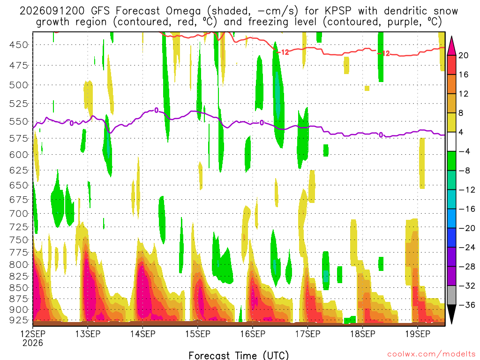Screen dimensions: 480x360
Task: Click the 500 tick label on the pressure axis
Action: point(19,85)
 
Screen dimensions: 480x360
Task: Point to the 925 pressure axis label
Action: point(19,320)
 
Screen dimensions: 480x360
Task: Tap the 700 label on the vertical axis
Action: point(19,213)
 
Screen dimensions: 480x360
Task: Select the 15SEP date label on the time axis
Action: point(198,334)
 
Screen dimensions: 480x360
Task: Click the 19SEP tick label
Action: point(418,334)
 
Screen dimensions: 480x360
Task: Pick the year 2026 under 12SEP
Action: point(33,343)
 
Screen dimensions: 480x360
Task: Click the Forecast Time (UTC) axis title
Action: point(239,355)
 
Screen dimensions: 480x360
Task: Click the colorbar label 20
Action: point(464,55)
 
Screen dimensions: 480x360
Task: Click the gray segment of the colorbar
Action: point(451,295)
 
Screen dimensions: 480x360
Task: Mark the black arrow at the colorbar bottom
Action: point(451,314)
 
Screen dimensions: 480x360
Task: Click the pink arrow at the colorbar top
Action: point(451,46)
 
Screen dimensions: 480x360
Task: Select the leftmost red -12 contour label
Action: point(283,52)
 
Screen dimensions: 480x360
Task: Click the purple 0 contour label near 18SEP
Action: point(381,135)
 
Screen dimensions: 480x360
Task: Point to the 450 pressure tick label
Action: point(19,45)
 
